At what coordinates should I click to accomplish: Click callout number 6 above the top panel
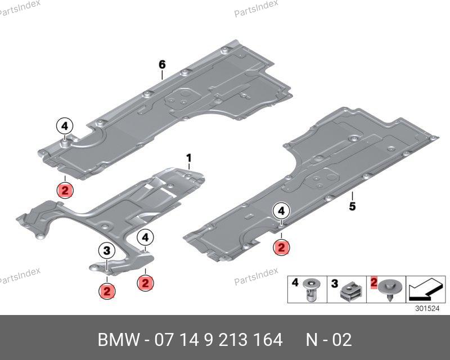click(x=162, y=65)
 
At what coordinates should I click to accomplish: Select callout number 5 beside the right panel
click(x=352, y=206)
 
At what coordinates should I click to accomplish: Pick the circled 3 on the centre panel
click(x=106, y=250)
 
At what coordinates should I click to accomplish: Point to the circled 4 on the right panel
click(x=281, y=211)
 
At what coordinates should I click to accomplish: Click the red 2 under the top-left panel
click(x=65, y=191)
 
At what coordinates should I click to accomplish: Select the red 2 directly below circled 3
click(x=106, y=291)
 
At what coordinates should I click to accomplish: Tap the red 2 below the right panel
click(x=281, y=247)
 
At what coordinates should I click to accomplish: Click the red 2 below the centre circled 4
click(x=145, y=282)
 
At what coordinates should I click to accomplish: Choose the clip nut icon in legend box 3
click(x=350, y=290)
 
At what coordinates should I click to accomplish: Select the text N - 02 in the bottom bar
click(x=329, y=340)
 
